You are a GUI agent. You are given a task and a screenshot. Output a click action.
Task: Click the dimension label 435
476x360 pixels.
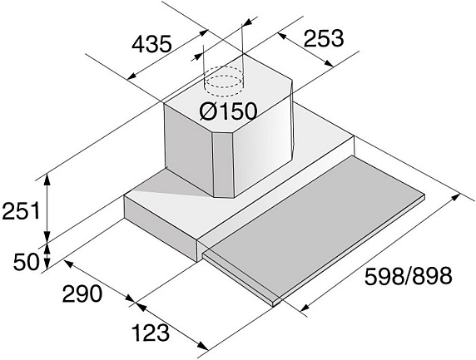[151, 44]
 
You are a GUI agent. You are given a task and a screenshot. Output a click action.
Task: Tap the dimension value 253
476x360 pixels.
[324, 38]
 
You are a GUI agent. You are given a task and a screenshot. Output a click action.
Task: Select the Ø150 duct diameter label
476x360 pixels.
[228, 111]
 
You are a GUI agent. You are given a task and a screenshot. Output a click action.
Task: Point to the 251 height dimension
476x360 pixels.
[21, 211]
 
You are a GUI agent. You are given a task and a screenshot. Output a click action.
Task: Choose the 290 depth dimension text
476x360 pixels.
[82, 293]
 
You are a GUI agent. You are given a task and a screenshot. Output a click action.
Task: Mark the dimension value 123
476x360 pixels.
[151, 333]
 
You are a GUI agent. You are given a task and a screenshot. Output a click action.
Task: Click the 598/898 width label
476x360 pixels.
[409, 276]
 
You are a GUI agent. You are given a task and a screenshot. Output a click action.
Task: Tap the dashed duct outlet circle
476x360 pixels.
[224, 81]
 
